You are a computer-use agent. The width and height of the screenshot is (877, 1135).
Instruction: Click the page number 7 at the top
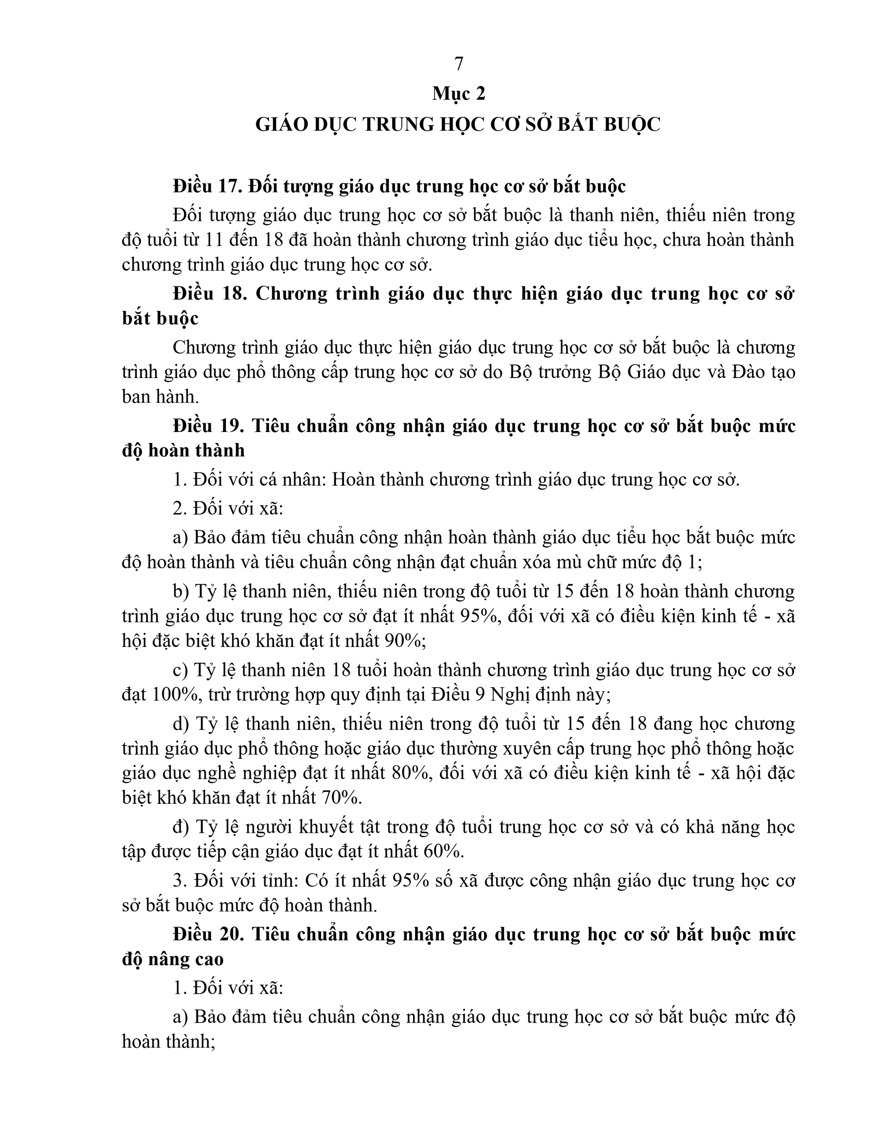pos(458,64)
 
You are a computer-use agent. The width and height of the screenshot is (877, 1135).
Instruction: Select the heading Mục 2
pos(458,93)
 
